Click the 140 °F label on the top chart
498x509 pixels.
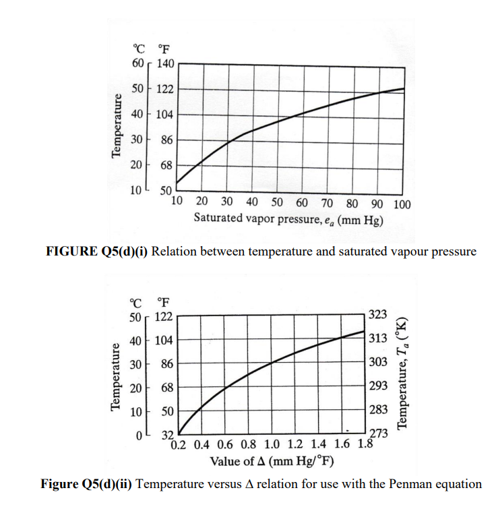166,63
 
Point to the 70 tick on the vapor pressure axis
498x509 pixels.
326,204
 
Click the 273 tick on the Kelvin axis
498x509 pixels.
379,433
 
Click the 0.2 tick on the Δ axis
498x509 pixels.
179,445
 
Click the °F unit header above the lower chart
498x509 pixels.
162,301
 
